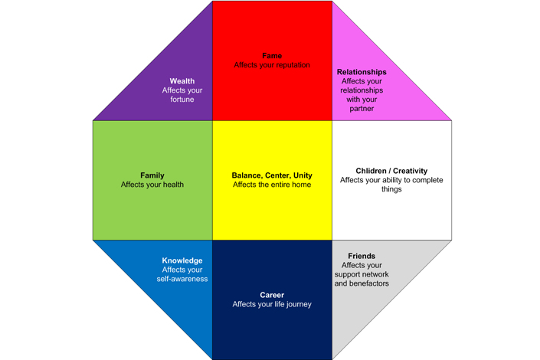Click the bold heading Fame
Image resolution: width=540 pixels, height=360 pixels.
272,56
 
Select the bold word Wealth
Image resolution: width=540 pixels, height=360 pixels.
182,81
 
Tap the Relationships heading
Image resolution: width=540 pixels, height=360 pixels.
362,72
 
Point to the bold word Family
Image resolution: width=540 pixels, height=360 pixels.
152,175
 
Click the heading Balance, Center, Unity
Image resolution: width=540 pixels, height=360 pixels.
272,175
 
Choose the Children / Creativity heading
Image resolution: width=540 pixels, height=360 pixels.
391,171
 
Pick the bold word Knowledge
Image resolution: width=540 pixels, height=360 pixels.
182,260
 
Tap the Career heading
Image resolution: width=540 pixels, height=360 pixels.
272,295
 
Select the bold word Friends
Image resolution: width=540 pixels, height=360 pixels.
362,256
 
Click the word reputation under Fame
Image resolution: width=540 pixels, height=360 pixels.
292,65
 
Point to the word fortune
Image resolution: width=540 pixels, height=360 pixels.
182,100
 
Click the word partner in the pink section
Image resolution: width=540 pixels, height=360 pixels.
362,109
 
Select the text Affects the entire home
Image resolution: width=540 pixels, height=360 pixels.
272,185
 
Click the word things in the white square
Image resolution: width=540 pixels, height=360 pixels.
391,189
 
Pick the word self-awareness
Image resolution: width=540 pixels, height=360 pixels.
182,279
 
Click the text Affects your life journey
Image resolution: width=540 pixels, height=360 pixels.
272,304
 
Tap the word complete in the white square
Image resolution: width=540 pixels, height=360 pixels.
427,180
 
